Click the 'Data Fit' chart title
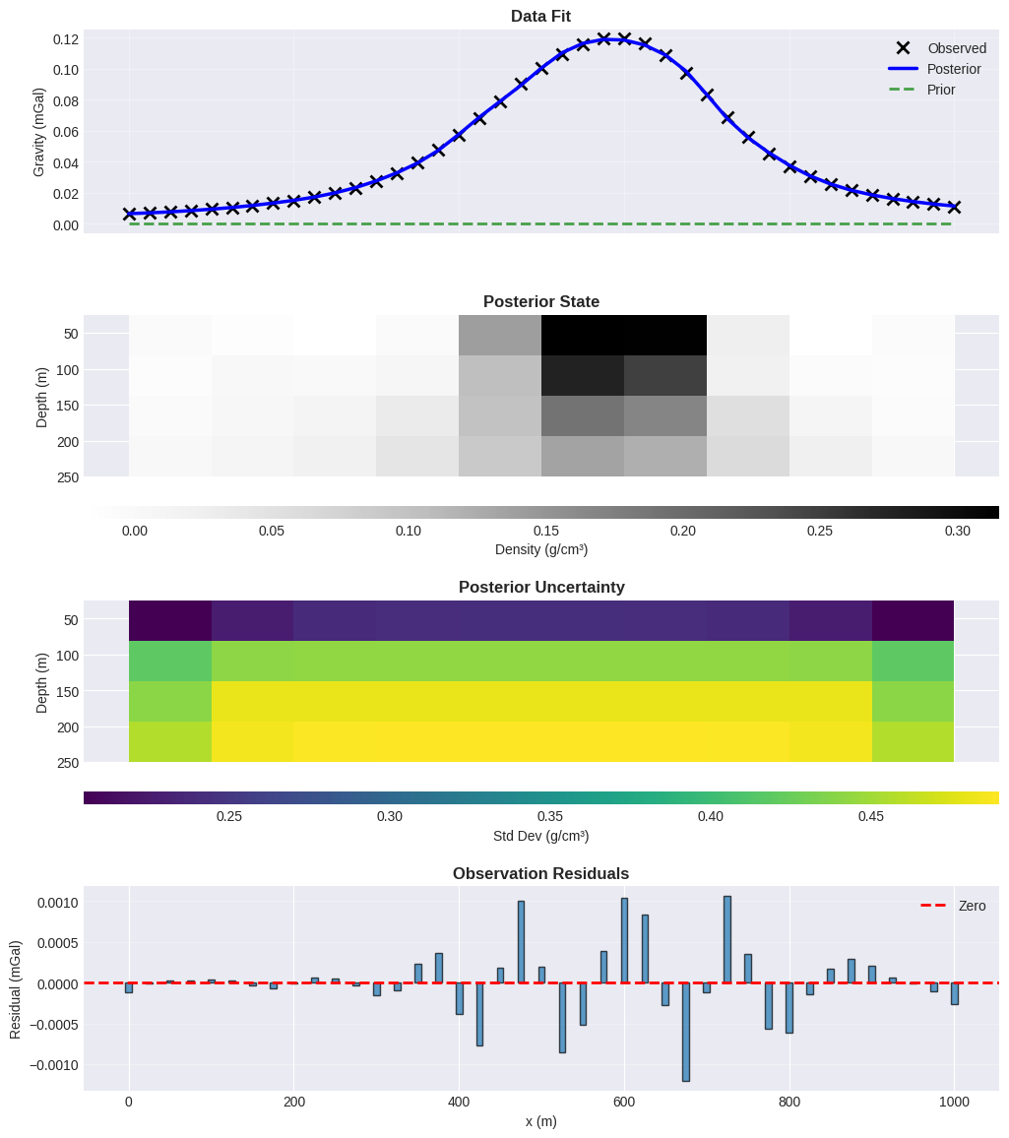(x=540, y=16)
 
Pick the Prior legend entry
(x=940, y=90)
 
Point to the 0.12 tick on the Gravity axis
(x=65, y=39)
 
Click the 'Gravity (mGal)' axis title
(x=39, y=132)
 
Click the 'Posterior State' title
(x=540, y=301)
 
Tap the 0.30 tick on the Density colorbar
(x=957, y=531)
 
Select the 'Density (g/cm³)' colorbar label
(x=540, y=549)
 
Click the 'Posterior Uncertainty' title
(x=540, y=587)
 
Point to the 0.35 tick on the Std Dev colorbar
(x=550, y=816)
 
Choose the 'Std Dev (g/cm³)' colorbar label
(x=540, y=836)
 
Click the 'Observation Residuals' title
(x=540, y=873)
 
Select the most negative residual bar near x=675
(x=685, y=1032)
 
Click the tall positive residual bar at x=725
(x=726, y=939)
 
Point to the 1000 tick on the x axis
(x=953, y=1102)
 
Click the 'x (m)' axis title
(x=540, y=1121)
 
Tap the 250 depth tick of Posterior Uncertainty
(x=67, y=763)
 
